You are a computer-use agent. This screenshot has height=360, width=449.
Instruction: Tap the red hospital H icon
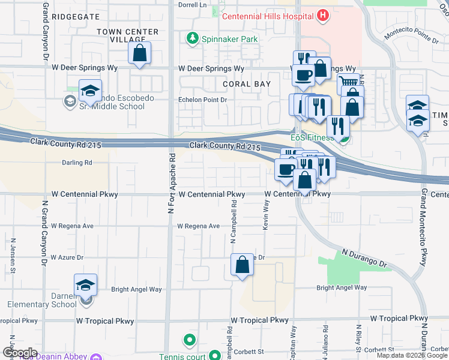pos(323,15)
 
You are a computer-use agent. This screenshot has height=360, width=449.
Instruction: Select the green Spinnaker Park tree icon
pos(192,39)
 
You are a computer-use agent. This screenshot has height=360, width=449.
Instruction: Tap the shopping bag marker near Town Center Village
pos(139,53)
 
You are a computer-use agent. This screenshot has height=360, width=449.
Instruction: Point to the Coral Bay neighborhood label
pos(247,85)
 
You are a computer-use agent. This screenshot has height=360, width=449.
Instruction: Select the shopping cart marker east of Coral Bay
pos(348,83)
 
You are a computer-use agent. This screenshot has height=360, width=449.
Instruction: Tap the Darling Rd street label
pos(77,163)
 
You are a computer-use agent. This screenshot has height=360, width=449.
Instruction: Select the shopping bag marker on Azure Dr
pos(242,265)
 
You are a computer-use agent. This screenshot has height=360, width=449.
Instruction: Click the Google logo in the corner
pos(20,353)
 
